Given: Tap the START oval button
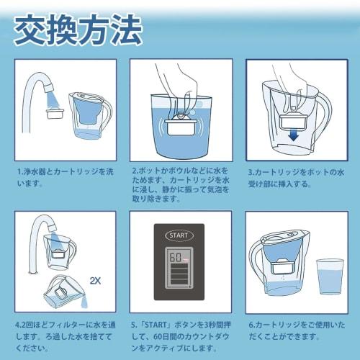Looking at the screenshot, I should tap(179, 235).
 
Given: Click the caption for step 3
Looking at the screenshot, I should tap(297, 177).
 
